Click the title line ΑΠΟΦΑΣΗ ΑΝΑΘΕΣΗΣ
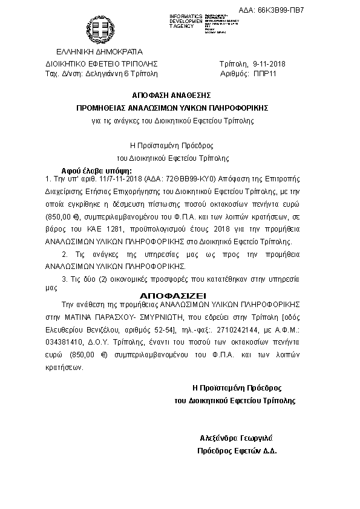pos(171,96)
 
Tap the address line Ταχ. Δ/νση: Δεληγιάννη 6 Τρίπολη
pos(101,73)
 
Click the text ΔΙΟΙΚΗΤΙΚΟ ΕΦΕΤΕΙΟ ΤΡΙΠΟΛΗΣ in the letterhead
pos(101,63)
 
